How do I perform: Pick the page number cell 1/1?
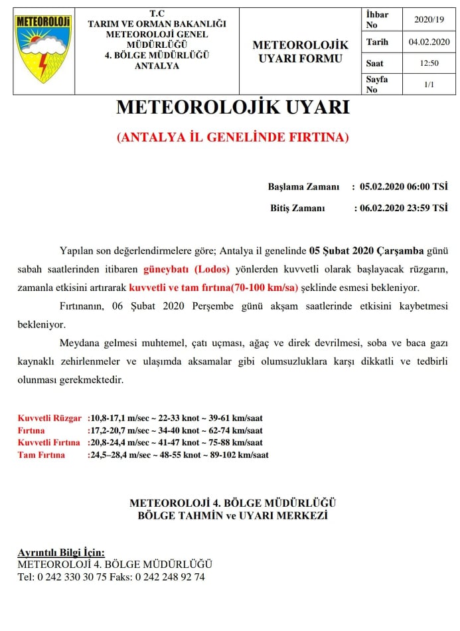(429, 84)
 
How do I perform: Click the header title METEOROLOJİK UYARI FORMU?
(301, 52)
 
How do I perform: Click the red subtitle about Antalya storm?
(232, 137)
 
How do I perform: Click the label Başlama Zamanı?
(303, 187)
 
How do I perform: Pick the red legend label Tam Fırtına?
(41, 455)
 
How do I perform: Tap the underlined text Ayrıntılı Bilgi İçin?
(60, 552)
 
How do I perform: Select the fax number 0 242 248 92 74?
(170, 577)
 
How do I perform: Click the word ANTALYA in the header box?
(157, 66)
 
